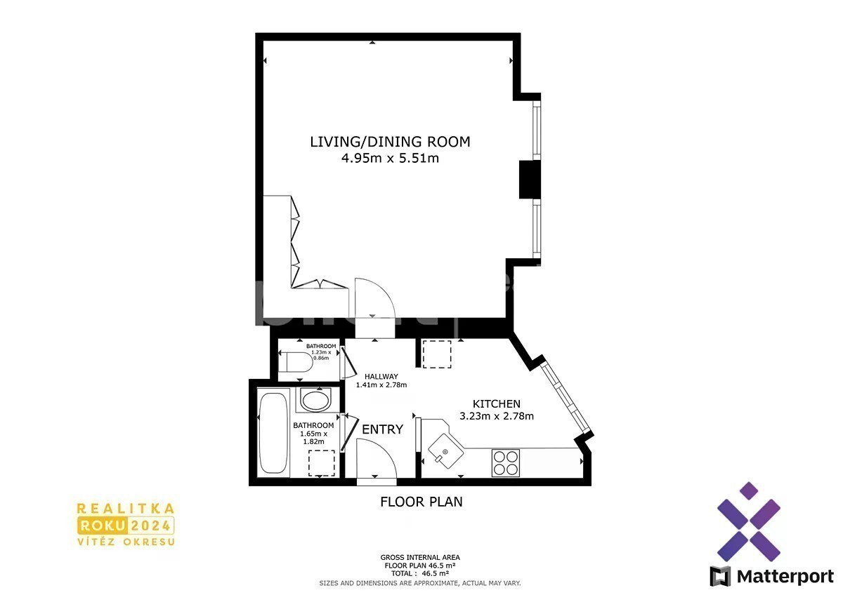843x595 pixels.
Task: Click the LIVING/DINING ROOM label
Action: [x=391, y=142]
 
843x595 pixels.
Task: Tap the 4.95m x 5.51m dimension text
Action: [x=391, y=159]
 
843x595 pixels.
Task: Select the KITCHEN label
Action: [x=497, y=404]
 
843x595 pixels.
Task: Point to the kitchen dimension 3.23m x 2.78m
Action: [x=497, y=416]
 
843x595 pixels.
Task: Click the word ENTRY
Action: [x=382, y=429]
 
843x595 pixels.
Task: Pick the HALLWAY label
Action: [x=381, y=376]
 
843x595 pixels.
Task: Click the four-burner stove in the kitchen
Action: [x=505, y=462]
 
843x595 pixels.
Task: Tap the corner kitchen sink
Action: [x=446, y=451]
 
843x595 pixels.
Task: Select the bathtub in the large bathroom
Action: [x=273, y=433]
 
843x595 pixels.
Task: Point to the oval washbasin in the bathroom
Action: [x=315, y=401]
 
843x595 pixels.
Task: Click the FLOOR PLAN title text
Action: [x=421, y=502]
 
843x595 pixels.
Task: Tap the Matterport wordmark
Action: [x=785, y=577]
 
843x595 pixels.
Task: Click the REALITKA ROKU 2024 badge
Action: [x=126, y=525]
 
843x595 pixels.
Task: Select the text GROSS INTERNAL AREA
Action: [x=420, y=557]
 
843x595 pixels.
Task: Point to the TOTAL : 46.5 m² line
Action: [x=420, y=573]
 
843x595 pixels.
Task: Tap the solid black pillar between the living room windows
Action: [x=530, y=180]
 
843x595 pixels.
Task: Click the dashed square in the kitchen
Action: [x=437, y=354]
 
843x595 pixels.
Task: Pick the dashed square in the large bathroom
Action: [x=322, y=463]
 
